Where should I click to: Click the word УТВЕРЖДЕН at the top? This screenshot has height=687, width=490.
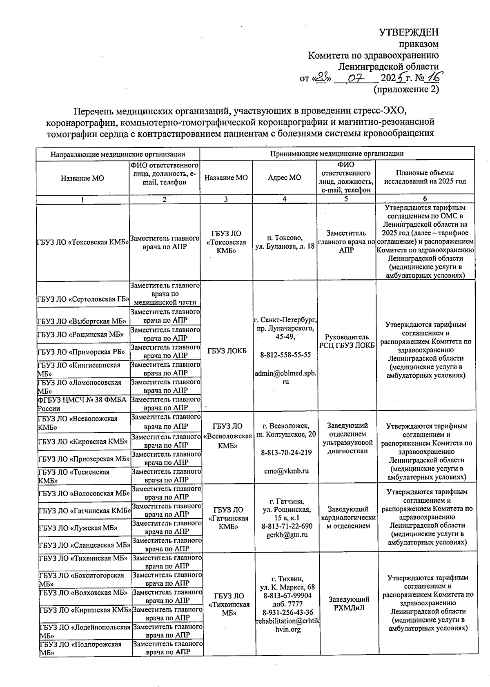coord(409,32)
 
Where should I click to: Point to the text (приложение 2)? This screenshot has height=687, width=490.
coord(406,89)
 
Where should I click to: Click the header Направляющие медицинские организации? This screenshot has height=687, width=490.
coord(118,154)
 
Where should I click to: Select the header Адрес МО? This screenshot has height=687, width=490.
coord(284,177)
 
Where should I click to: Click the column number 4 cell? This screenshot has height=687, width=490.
coord(284,199)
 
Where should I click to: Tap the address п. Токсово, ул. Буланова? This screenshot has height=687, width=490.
coord(285,242)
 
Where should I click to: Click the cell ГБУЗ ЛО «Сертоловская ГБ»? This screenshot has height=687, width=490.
coord(83,299)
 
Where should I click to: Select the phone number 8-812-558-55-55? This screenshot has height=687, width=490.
coord(285,355)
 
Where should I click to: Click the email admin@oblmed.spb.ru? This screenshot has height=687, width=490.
coord(285,377)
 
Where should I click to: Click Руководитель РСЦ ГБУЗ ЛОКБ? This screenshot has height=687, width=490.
coord(347,341)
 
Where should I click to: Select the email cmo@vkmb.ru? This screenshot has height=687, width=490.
coord(286,471)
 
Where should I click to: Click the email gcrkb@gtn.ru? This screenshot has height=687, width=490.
coord(287,535)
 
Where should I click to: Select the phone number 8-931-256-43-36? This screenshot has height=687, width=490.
coord(287,612)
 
